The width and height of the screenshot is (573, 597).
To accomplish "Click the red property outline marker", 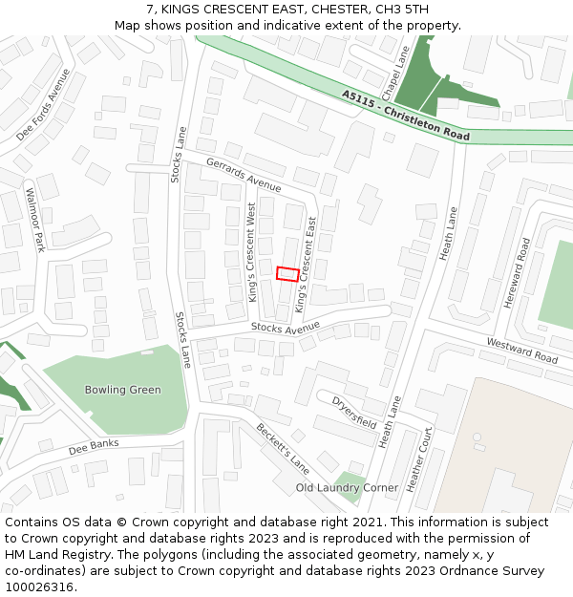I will pyautogui.click(x=287, y=274).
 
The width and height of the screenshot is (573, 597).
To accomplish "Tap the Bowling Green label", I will pyautogui.click(x=123, y=390).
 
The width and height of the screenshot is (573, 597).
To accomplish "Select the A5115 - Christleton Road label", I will pyautogui.click(x=406, y=116).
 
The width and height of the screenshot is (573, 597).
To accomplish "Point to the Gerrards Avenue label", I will pyautogui.click(x=244, y=174).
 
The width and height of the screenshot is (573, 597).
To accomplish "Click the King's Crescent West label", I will pyautogui.click(x=252, y=252).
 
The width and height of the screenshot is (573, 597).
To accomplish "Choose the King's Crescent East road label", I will pyautogui.click(x=306, y=264).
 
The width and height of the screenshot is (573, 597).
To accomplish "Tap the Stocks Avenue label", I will pyautogui.click(x=285, y=328).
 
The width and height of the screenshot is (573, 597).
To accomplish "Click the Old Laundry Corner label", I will pyautogui.click(x=347, y=487).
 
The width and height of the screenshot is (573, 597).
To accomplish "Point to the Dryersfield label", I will pyautogui.click(x=355, y=413).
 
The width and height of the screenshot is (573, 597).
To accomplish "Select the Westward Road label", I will pyautogui.click(x=521, y=350).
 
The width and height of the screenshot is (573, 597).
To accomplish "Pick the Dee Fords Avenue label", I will pyautogui.click(x=43, y=104).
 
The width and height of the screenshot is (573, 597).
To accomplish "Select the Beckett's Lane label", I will pyautogui.click(x=282, y=448).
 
